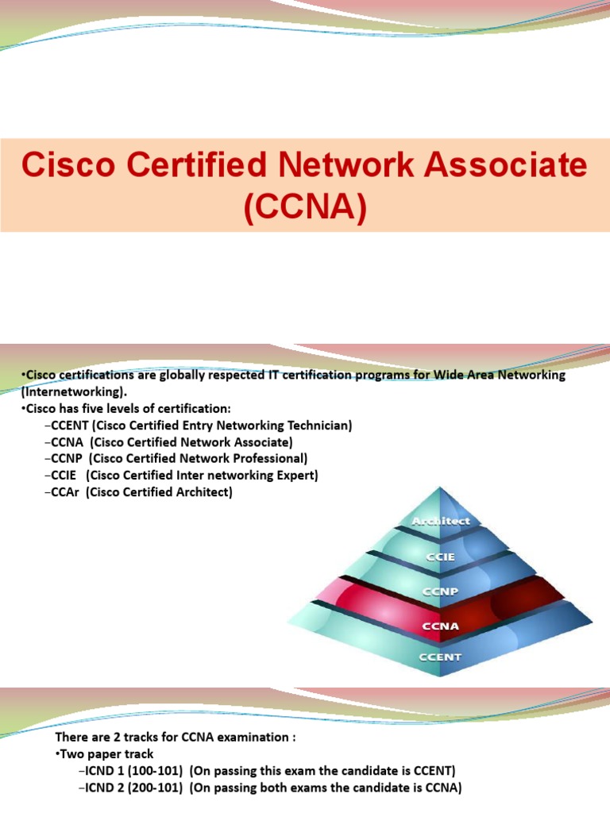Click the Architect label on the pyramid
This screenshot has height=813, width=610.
[441, 521]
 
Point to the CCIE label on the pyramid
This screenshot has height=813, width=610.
[441, 557]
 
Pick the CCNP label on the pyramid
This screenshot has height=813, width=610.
[441, 592]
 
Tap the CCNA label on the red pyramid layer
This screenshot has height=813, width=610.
[441, 625]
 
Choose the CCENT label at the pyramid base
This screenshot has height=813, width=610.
[441, 657]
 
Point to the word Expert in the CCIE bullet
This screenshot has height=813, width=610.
[294, 476]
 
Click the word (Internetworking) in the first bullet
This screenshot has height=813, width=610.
[71, 391]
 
